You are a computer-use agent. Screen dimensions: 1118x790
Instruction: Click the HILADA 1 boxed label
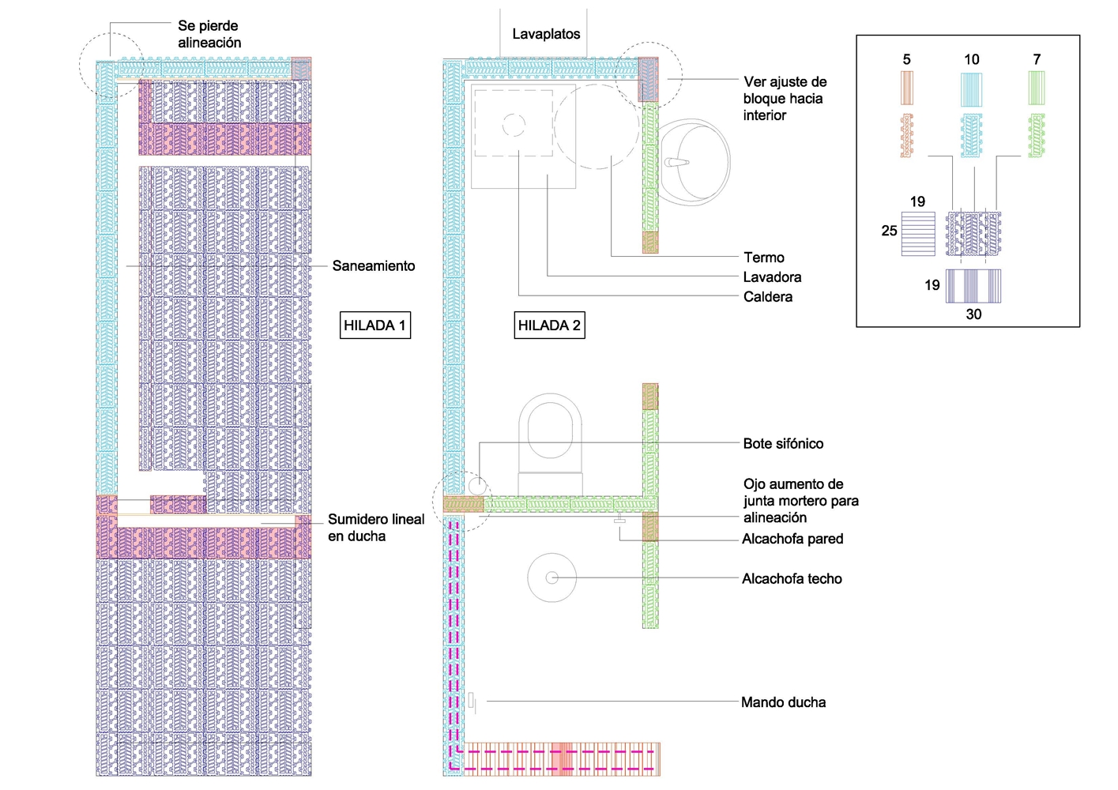tap(375, 325)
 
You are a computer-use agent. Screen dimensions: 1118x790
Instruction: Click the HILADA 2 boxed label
tap(549, 325)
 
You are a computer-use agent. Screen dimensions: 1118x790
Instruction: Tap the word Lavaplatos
tap(546, 34)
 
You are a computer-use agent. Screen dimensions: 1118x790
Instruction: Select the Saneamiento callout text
tap(374, 266)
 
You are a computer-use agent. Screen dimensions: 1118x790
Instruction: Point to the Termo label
tap(763, 258)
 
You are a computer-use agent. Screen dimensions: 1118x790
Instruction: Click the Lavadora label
tap(772, 277)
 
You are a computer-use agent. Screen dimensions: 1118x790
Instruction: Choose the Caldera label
tap(768, 297)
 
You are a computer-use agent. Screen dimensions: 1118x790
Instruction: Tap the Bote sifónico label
tap(783, 444)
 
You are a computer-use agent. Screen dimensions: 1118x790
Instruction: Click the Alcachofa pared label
tap(792, 539)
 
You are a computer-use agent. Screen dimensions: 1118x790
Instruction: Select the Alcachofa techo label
tap(792, 579)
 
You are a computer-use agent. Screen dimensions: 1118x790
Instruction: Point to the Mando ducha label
tap(783, 702)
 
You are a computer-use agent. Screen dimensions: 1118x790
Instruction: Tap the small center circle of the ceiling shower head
tap(552, 578)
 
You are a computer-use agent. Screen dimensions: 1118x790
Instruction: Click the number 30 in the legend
tap(973, 314)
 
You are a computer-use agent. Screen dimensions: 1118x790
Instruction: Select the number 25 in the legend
tap(889, 231)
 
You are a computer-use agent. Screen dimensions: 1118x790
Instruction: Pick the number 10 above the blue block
tap(971, 60)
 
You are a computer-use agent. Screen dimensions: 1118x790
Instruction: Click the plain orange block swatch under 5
tap(907, 88)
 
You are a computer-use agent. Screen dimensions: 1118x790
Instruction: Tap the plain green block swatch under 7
tap(1037, 88)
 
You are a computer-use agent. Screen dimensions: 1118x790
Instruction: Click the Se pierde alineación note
tap(209, 34)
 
